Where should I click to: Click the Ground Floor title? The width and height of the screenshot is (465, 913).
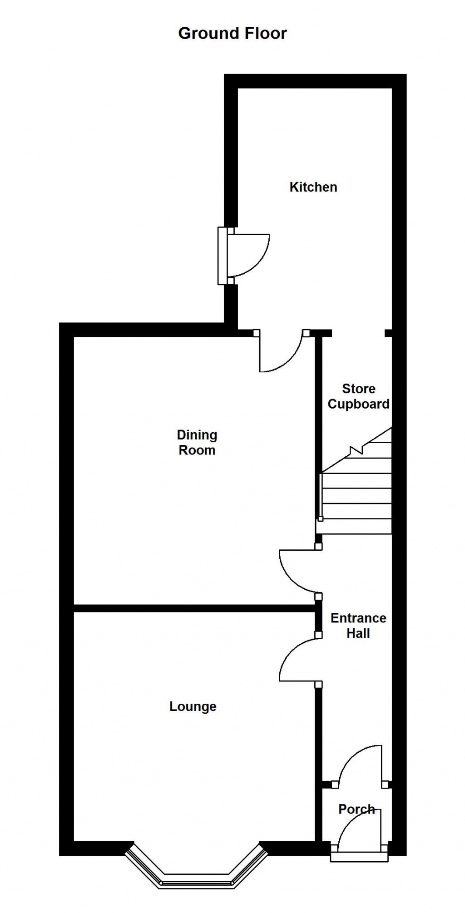pos(232,33)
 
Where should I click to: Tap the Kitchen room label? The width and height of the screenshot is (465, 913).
pos(313,187)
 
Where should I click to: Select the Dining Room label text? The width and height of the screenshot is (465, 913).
pos(197,443)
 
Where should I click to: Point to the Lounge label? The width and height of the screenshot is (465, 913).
pos(193,706)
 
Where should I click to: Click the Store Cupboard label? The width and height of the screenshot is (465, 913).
pos(358,396)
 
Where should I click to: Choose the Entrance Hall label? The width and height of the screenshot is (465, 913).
pos(358,626)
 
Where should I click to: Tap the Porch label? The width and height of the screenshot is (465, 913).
pos(357,809)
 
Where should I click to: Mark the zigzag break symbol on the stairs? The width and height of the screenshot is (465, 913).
pos(357,451)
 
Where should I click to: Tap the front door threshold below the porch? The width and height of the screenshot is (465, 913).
pos(359,857)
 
